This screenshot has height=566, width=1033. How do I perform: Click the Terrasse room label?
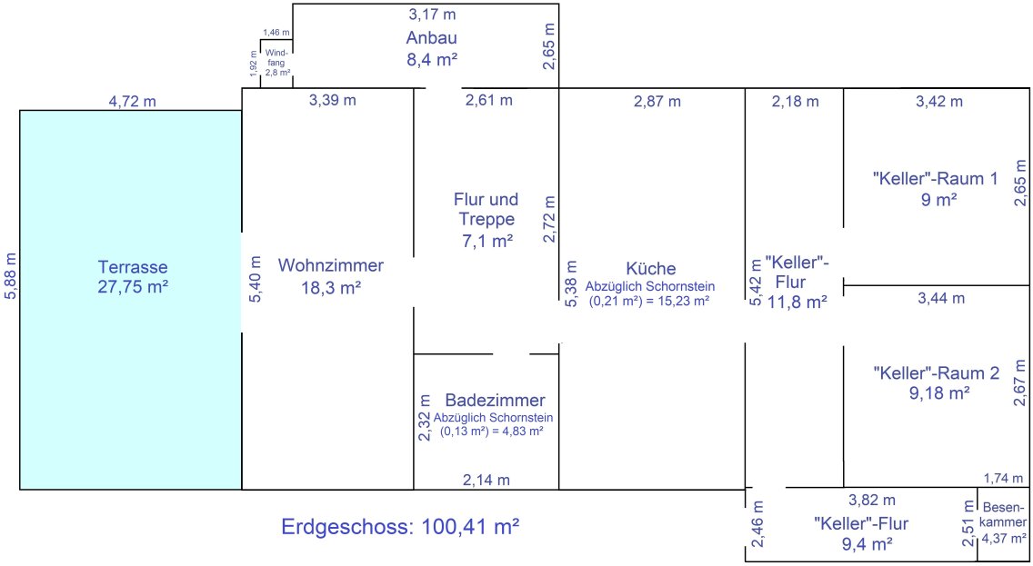(133, 267)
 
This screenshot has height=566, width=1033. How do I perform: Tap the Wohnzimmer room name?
(331, 265)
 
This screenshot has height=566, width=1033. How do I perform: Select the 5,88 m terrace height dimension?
(11, 276)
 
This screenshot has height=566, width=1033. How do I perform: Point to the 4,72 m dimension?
(133, 102)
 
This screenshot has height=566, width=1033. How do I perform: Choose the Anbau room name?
(432, 37)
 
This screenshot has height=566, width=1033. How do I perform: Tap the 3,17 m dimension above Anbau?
(432, 14)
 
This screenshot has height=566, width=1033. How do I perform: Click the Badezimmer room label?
(496, 400)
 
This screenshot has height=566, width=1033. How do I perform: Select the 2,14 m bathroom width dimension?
(486, 480)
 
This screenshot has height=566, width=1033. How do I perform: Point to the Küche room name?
(651, 269)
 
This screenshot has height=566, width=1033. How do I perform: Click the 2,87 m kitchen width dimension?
(657, 102)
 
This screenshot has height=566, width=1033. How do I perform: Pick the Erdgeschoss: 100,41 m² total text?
(400, 527)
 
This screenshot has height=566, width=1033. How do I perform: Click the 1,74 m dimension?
(1004, 479)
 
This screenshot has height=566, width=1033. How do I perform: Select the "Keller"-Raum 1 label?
(936, 178)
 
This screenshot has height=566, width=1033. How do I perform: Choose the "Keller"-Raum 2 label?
(937, 373)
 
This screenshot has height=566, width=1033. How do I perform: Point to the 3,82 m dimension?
(871, 501)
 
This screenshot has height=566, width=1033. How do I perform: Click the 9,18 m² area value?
(939, 392)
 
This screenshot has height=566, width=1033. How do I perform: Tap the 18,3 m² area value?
(331, 288)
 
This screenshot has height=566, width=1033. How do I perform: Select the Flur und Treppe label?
(486, 209)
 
